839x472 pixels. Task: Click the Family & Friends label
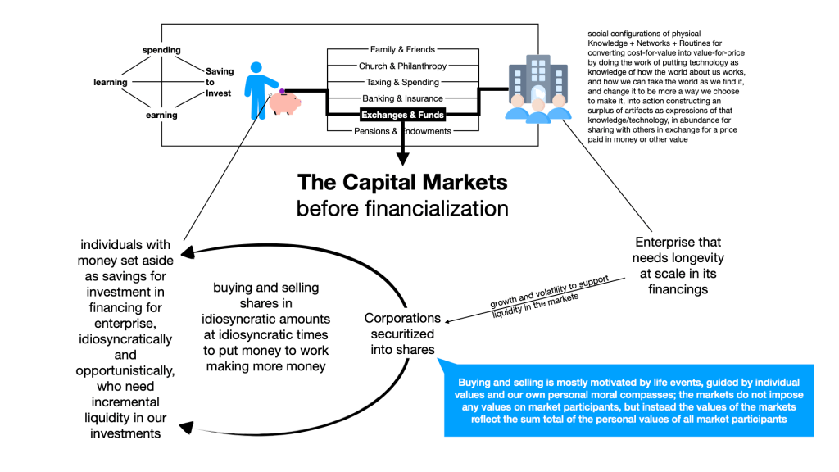pyautogui.click(x=402, y=50)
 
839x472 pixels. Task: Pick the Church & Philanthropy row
pyautogui.click(x=402, y=66)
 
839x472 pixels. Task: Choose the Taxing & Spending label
pyautogui.click(x=402, y=82)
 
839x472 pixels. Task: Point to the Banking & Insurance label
pyautogui.click(x=402, y=98)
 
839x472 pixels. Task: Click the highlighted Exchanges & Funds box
pyautogui.click(x=402, y=115)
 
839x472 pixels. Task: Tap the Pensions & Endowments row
pyautogui.click(x=402, y=131)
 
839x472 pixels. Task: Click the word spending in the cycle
pyautogui.click(x=161, y=50)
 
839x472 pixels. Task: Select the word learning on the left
pyautogui.click(x=111, y=83)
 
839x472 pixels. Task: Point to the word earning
pyautogui.click(x=161, y=116)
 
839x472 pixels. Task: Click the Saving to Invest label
pyautogui.click(x=219, y=82)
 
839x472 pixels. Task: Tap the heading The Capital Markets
pyautogui.click(x=402, y=182)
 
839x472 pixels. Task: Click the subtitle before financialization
pyautogui.click(x=402, y=209)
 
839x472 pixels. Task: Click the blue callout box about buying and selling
pyautogui.click(x=629, y=400)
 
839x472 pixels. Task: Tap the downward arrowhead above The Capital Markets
pyautogui.click(x=402, y=161)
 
